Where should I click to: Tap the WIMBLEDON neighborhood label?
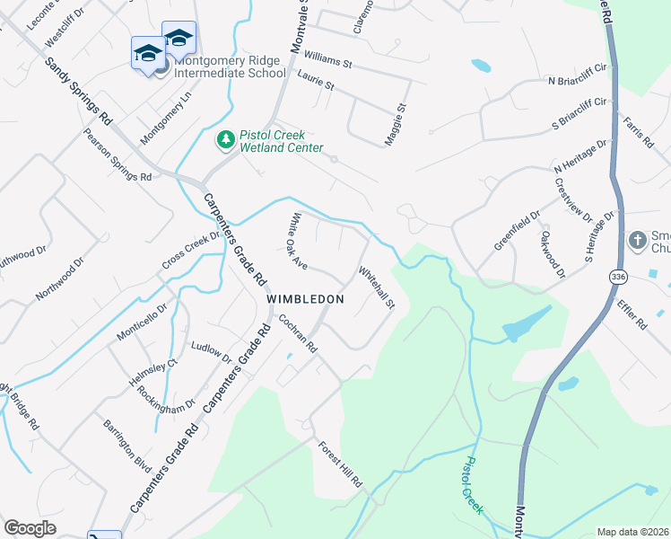pos(306,298)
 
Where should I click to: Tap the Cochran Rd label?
pos(299,333)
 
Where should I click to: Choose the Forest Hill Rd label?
pos(338,464)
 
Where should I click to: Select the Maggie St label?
pos(396,126)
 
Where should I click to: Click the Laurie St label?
pos(316,84)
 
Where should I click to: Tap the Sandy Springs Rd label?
pos(79,92)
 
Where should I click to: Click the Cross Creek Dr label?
pos(191,251)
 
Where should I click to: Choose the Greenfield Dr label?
pos(518,231)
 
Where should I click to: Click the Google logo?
pos(30,528)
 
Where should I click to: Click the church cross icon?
pos(638,241)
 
